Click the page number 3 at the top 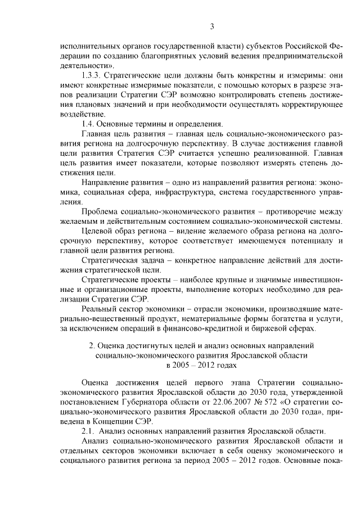pos(212,26)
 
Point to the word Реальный pos(99,309)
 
